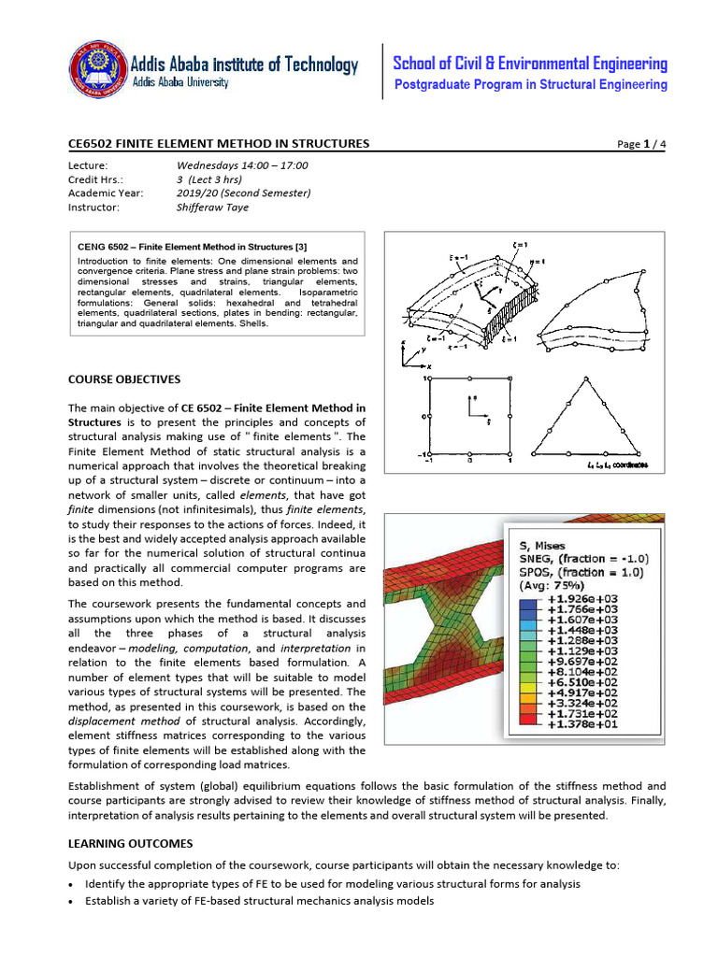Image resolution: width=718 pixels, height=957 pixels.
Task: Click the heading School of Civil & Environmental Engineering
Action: [530, 64]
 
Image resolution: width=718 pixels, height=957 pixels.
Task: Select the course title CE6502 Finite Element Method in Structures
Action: [219, 143]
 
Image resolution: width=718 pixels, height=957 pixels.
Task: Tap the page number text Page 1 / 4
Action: [642, 144]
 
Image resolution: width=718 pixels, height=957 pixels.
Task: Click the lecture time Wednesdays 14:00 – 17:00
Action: [242, 165]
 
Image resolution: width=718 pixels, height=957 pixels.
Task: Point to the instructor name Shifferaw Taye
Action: [214, 207]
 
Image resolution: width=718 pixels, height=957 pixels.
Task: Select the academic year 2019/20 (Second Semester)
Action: [243, 193]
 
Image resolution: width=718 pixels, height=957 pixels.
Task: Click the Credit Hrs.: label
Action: [96, 179]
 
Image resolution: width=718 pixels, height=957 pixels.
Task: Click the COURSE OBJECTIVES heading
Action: [124, 379]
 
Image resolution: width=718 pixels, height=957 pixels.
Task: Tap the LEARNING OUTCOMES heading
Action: [131, 844]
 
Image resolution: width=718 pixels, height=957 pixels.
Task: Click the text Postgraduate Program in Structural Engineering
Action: [530, 85]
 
